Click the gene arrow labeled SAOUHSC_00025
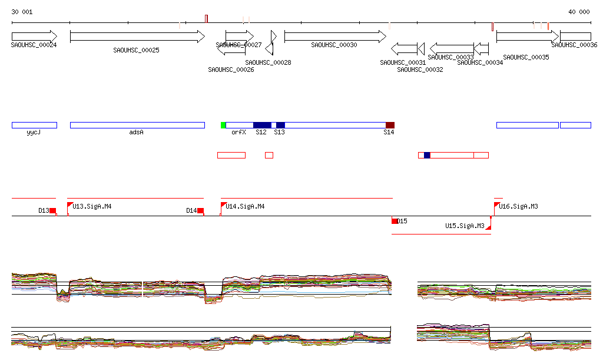click(x=137, y=37)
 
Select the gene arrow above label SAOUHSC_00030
click(x=334, y=37)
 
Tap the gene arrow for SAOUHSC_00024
click(x=34, y=37)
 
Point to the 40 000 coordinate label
click(x=579, y=12)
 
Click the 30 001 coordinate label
click(x=22, y=12)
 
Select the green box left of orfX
click(x=223, y=125)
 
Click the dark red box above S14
click(x=390, y=125)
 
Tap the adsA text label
click(x=136, y=133)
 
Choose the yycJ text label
click(x=34, y=133)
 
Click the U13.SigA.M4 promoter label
click(x=92, y=206)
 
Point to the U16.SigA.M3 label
click(x=518, y=206)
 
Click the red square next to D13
click(x=52, y=210)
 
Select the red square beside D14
click(x=200, y=210)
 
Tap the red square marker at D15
click(x=395, y=221)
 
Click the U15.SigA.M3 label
click(x=465, y=226)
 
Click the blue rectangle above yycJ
click(x=34, y=125)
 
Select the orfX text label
click(x=238, y=133)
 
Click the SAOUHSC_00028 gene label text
click(x=268, y=62)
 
